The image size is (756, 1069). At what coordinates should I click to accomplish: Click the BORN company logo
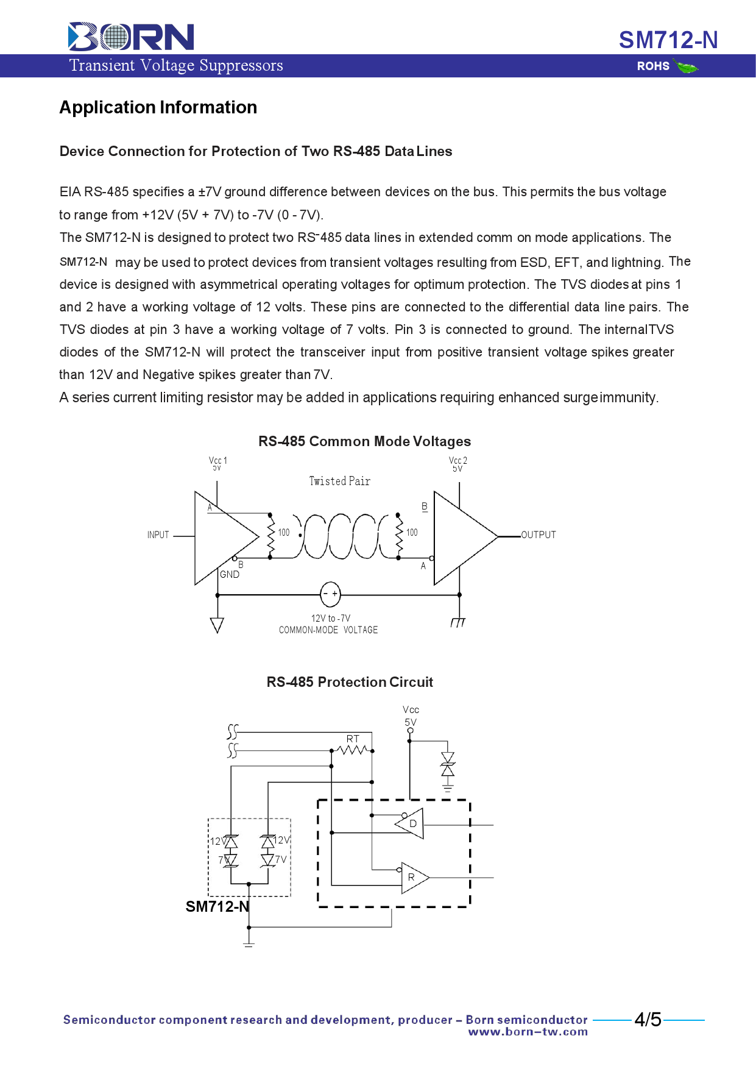tap(131, 37)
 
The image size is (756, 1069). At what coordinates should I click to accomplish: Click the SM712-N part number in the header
tap(668, 40)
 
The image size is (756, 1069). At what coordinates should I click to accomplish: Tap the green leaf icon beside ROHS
tap(687, 67)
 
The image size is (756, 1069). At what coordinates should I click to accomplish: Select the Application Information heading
tap(158, 108)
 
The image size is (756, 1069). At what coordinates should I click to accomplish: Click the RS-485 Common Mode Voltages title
tap(364, 441)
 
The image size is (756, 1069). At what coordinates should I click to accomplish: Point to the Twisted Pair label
tap(339, 481)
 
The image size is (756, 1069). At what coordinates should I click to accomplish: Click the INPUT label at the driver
tap(158, 535)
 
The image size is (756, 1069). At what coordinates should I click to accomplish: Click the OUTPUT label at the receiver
tap(539, 535)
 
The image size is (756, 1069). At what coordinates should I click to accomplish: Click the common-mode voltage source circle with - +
tap(330, 594)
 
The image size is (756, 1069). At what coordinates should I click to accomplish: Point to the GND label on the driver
tap(230, 575)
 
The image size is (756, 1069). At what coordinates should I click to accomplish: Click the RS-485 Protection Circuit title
tap(350, 682)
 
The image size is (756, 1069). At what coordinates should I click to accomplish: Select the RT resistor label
tap(353, 739)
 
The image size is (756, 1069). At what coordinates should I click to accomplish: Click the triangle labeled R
tap(412, 878)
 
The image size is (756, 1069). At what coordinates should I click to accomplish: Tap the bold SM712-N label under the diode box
tap(217, 907)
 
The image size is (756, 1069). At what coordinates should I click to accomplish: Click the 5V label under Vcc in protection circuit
tap(411, 722)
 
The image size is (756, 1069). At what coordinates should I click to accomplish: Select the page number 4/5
tap(648, 1020)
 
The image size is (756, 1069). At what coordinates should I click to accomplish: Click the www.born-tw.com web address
tap(528, 1032)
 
